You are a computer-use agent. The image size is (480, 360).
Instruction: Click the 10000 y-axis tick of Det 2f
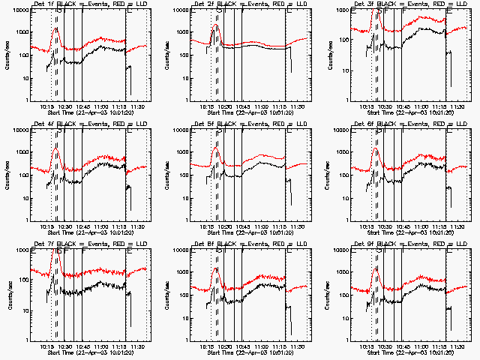(x=187, y=10)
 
